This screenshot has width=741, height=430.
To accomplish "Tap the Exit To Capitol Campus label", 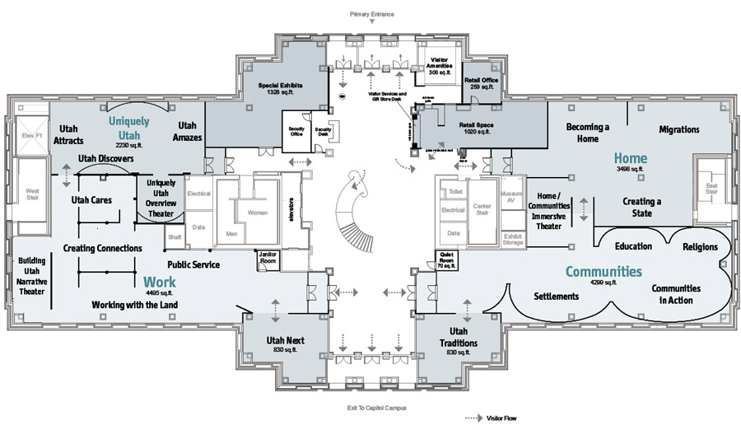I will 372,408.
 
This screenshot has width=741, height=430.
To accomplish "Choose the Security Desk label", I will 323,132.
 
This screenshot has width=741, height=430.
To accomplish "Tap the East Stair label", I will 709,191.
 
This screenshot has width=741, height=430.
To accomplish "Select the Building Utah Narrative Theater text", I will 31,275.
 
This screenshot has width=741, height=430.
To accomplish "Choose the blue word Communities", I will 603,271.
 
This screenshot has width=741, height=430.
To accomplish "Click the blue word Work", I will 160,282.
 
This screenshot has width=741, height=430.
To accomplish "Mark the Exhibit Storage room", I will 512,237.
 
